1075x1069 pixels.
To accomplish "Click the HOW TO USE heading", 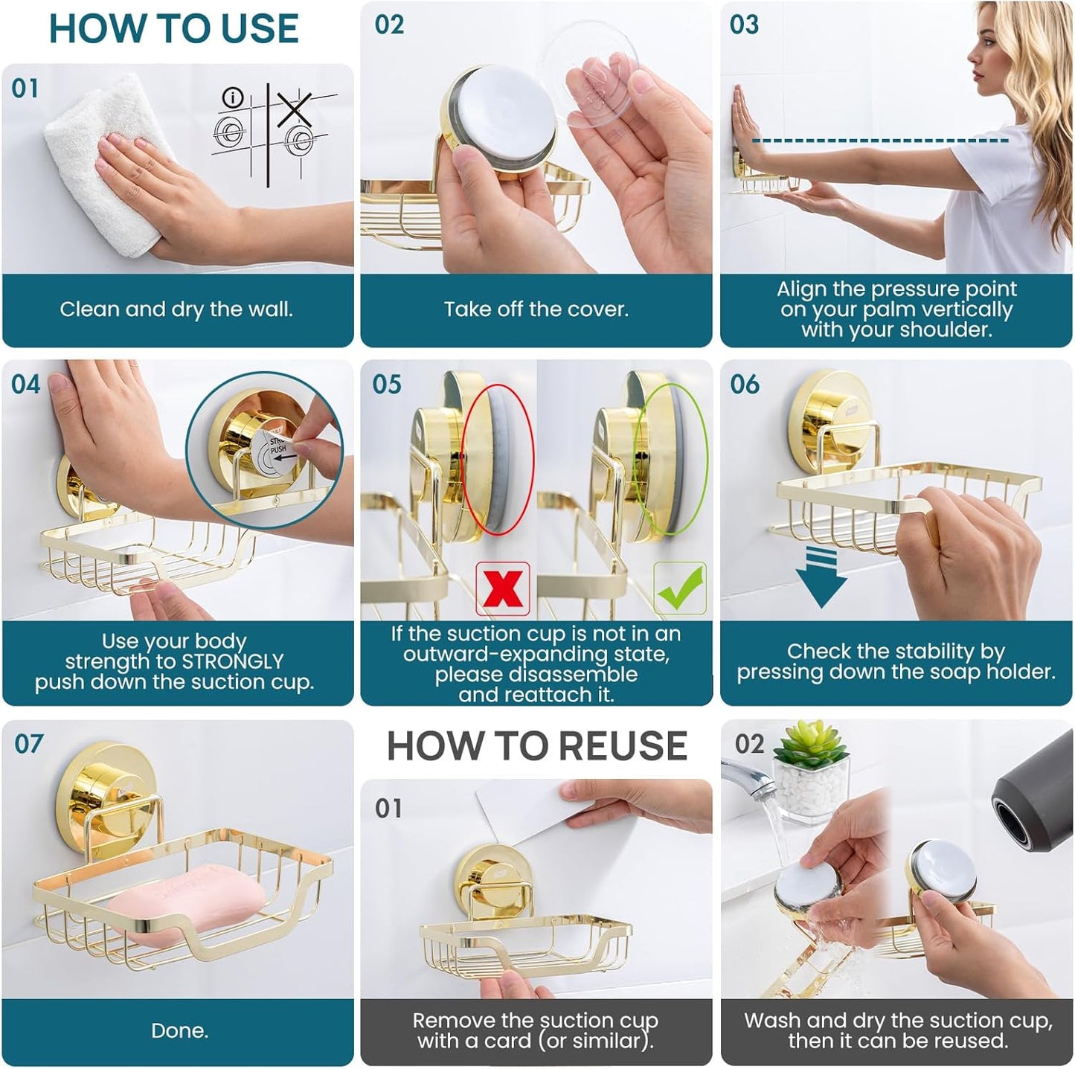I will tap(173, 30).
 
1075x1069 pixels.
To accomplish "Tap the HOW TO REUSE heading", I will tap(536, 746).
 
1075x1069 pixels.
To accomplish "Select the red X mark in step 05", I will tap(503, 588).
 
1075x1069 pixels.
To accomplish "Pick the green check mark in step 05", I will tap(679, 588).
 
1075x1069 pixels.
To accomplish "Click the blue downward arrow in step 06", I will tap(821, 577).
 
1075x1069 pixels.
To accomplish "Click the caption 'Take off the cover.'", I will tap(536, 309).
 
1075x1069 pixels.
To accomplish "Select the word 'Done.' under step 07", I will tap(179, 1030).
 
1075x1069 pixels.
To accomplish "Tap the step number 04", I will tap(26, 385).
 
